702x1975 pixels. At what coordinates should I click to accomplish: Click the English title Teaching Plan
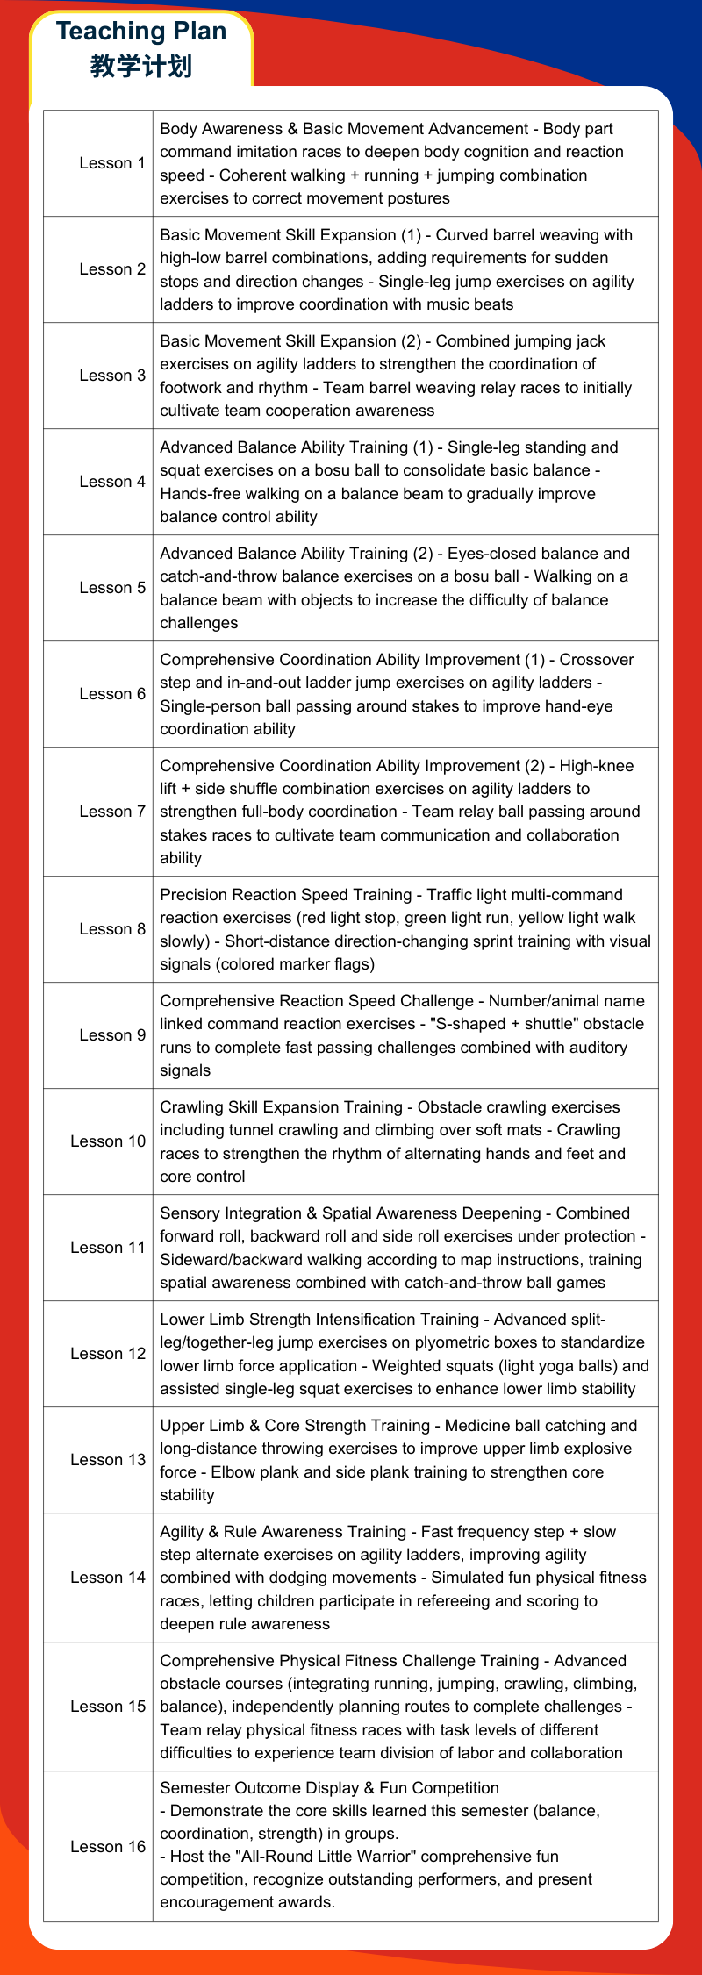tap(141, 32)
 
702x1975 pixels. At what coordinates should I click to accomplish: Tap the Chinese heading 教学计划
tap(141, 66)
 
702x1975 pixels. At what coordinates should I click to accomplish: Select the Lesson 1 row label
tap(111, 163)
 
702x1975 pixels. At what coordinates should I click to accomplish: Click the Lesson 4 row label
tap(111, 482)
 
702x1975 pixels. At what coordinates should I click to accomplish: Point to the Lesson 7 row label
tap(111, 812)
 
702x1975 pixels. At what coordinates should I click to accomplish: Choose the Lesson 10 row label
tap(108, 1141)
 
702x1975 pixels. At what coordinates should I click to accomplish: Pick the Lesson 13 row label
tap(108, 1460)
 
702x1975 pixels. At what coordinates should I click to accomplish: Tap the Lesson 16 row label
tap(108, 1847)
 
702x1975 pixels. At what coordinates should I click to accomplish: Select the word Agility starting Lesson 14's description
tap(183, 1532)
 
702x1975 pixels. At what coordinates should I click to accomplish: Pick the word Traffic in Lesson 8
tap(452, 895)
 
